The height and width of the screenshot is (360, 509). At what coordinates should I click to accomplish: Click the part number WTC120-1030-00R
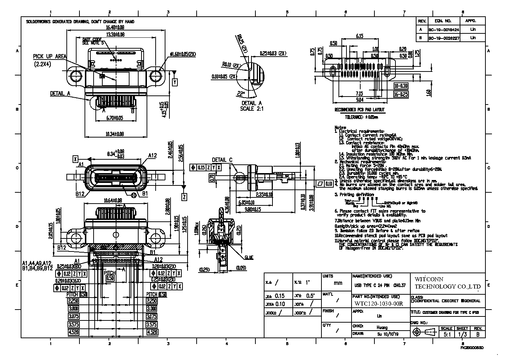pyautogui.click(x=378, y=304)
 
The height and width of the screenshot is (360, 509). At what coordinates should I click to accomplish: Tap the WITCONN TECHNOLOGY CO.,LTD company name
pyautogui.click(x=447, y=283)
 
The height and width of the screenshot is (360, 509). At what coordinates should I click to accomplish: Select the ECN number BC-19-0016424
pyautogui.click(x=444, y=29)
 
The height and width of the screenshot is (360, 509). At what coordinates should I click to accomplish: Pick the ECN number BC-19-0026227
pyautogui.click(x=444, y=38)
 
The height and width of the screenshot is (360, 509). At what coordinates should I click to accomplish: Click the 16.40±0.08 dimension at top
pyautogui.click(x=115, y=27)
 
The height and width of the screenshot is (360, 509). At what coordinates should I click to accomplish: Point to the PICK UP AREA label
pyautogui.click(x=50, y=56)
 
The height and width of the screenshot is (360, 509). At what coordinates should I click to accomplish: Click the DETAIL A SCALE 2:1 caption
pyautogui.click(x=251, y=106)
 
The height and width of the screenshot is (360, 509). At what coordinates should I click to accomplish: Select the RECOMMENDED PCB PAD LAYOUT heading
pyautogui.click(x=359, y=110)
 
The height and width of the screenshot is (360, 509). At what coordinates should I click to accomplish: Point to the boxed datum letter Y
pyautogui.click(x=175, y=82)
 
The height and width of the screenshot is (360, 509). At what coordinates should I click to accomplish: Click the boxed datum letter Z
pyautogui.click(x=184, y=197)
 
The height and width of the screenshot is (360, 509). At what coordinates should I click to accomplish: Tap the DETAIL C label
pyautogui.click(x=222, y=160)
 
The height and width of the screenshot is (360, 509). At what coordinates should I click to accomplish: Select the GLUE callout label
pyautogui.click(x=249, y=258)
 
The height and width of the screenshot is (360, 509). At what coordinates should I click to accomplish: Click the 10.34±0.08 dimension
pyautogui.click(x=115, y=134)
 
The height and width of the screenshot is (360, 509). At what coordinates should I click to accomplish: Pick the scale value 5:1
pyautogui.click(x=446, y=334)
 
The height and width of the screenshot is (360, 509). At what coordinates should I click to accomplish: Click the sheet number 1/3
pyautogui.click(x=462, y=334)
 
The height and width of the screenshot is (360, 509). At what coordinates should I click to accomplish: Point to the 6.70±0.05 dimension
pyautogui.click(x=115, y=118)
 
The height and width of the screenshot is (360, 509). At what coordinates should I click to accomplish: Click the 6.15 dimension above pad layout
pyautogui.click(x=360, y=36)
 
